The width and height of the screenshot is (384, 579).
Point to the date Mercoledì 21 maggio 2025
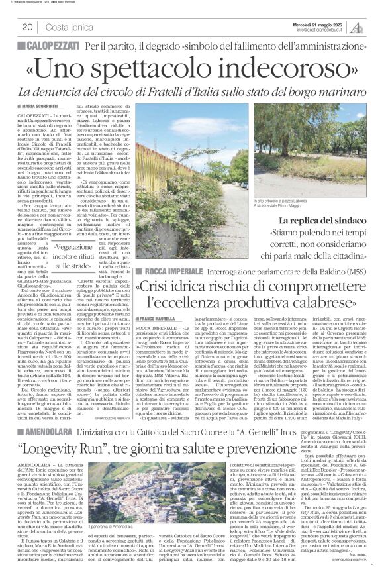(318, 23)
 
